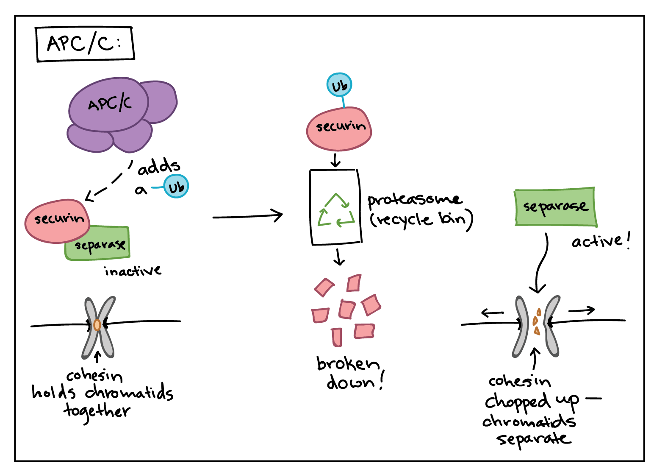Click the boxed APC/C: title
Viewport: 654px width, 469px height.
click(85, 44)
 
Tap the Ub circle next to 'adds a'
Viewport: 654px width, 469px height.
click(176, 187)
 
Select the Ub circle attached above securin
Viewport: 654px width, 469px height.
click(339, 85)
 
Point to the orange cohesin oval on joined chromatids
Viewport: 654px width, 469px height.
click(97, 325)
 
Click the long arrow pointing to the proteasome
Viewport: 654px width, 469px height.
click(248, 216)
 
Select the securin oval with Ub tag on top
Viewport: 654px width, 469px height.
click(339, 128)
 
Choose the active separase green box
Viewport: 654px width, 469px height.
click(555, 207)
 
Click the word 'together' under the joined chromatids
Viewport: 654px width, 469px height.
click(97, 411)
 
